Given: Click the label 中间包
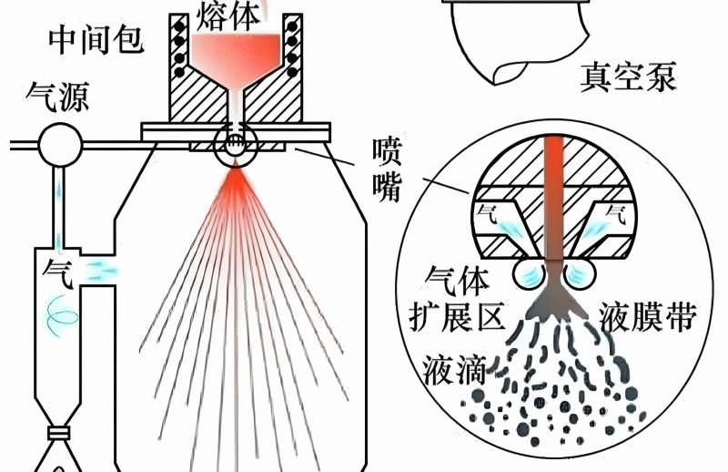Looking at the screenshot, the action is click(x=96, y=39).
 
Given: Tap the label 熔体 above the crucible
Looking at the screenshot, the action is click(x=227, y=16).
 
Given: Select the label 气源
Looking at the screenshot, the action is click(x=57, y=97).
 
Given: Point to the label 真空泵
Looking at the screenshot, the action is click(x=628, y=77).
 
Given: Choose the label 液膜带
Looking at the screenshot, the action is click(x=648, y=317).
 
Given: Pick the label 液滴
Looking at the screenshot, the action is click(x=453, y=370).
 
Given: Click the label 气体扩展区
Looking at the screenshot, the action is click(x=458, y=299).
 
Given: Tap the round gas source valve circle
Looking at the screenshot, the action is click(x=60, y=145).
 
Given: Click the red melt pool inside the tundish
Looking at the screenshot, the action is click(x=237, y=54).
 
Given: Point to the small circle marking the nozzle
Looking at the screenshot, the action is click(x=236, y=146).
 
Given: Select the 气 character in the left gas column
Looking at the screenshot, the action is click(x=58, y=273).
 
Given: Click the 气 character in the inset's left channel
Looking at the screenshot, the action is click(x=487, y=214).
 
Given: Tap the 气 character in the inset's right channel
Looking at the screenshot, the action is click(x=616, y=214).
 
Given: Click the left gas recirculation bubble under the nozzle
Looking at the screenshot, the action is click(x=530, y=273).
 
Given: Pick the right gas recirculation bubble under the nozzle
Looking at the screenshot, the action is click(x=580, y=273).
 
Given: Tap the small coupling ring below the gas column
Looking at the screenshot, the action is click(x=59, y=434).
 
